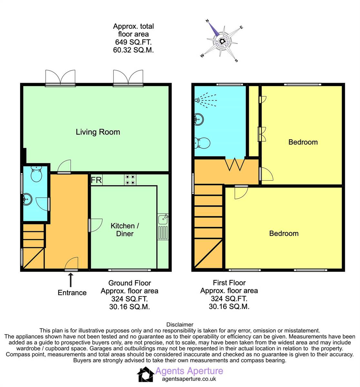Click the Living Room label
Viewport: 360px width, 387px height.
click(x=98, y=132)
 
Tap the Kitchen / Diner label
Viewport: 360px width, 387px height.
click(x=125, y=230)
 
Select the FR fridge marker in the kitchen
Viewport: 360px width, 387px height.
click(x=96, y=180)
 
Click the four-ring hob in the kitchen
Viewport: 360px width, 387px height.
click(x=130, y=180)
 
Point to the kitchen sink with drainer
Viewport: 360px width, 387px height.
click(x=163, y=227)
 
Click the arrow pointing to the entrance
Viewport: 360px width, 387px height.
click(x=71, y=279)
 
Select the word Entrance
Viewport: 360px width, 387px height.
click(x=72, y=293)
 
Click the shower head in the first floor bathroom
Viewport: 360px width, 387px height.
click(x=197, y=100)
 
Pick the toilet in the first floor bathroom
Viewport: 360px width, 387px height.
click(x=202, y=143)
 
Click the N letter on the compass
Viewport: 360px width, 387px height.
click(x=207, y=21)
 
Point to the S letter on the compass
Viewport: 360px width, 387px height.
click(x=236, y=60)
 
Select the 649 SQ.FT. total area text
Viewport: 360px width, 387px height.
click(x=133, y=42)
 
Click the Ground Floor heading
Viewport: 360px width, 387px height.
click(x=129, y=283)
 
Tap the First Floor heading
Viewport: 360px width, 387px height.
click(x=229, y=283)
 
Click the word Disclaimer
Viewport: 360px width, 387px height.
click(x=180, y=325)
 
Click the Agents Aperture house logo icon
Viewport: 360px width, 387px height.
click(x=146, y=374)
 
